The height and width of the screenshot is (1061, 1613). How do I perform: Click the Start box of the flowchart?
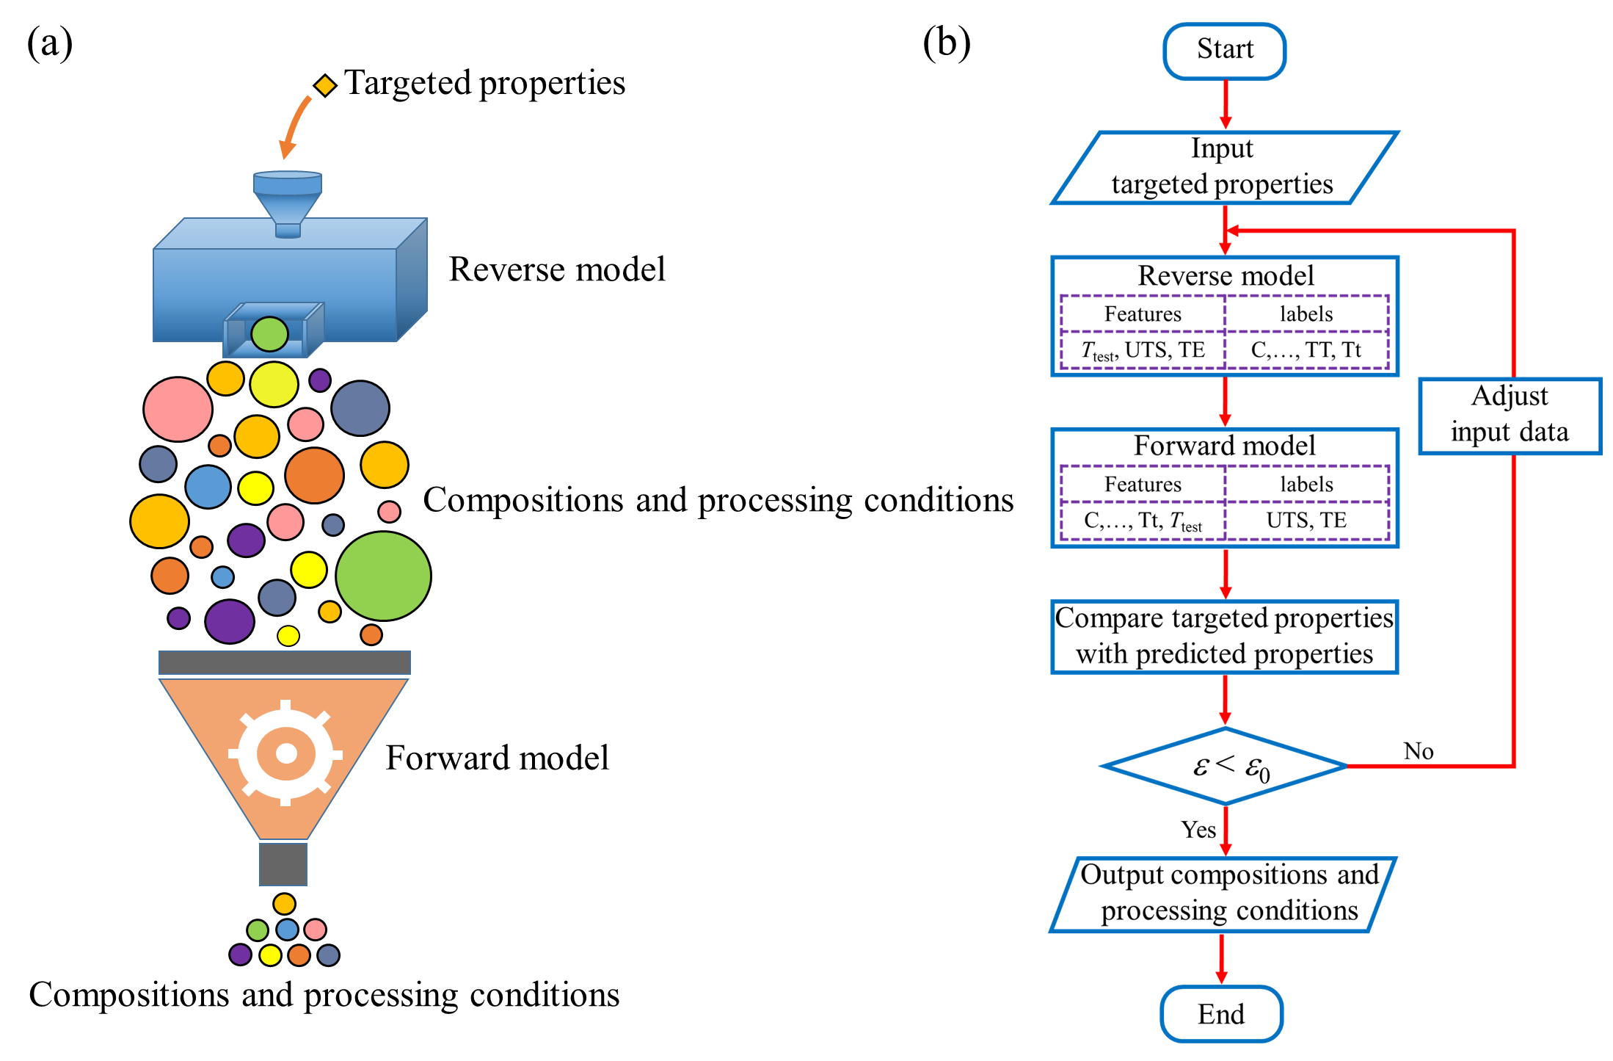[x=1224, y=51]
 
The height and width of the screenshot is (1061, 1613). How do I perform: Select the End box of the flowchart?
[x=1221, y=1014]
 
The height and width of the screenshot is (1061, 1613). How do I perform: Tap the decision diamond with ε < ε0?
[x=1225, y=766]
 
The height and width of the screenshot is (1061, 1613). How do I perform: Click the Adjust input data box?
[x=1510, y=416]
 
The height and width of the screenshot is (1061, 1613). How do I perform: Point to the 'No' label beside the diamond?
[x=1419, y=751]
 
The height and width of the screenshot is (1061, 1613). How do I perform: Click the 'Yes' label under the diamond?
[x=1198, y=830]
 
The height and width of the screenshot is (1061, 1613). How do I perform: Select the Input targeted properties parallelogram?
[x=1223, y=167]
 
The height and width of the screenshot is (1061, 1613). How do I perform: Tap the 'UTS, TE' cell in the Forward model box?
[x=1306, y=521]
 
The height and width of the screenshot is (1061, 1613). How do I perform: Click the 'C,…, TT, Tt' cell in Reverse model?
[x=1306, y=350]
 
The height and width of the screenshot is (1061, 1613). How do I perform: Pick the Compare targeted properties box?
[x=1224, y=636]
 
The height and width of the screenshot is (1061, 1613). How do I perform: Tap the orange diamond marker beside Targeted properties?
[x=325, y=85]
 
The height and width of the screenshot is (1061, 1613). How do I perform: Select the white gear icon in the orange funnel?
[x=285, y=753]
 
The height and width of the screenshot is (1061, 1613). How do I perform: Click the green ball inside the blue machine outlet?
[x=269, y=334]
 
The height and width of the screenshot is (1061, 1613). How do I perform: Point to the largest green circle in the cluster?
[x=383, y=576]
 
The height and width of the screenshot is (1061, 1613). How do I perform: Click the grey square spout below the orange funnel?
[x=283, y=864]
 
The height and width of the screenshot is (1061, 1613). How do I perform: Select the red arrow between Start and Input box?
[x=1225, y=104]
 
